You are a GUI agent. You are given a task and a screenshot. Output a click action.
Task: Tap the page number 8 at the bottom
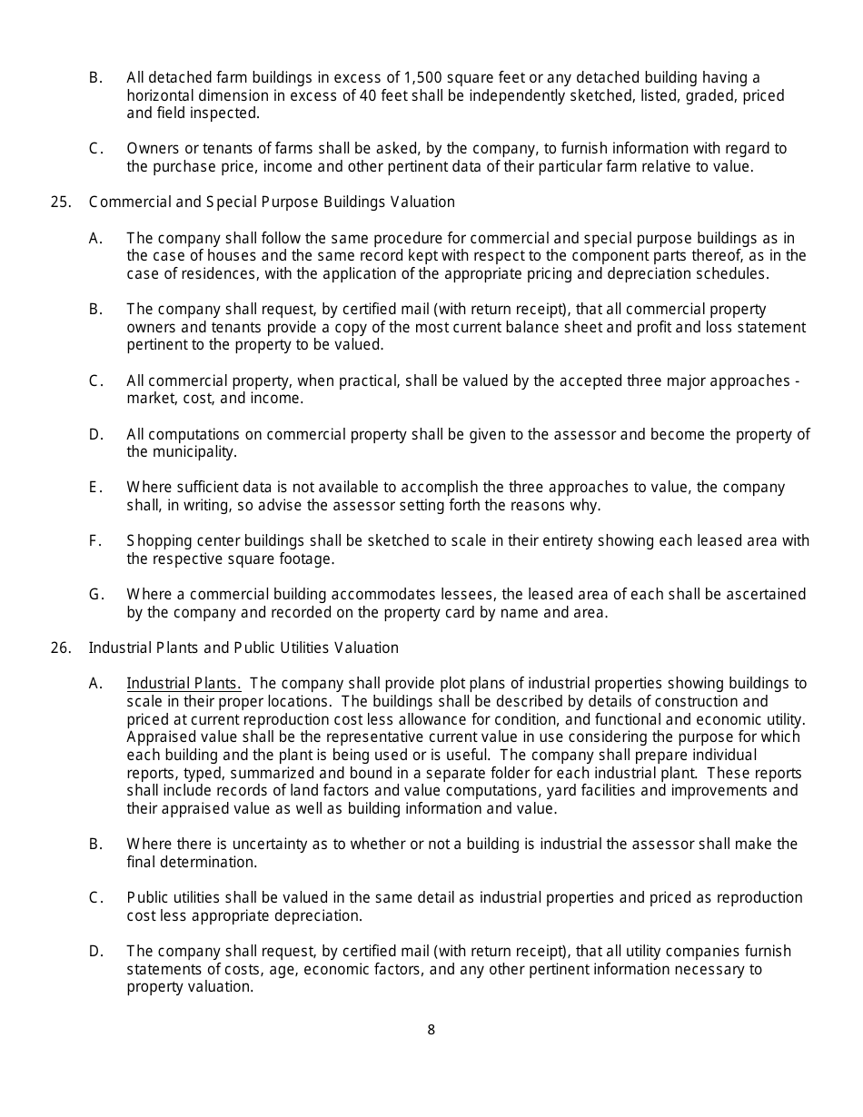click(x=431, y=1030)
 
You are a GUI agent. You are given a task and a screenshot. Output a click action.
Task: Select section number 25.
click(x=61, y=202)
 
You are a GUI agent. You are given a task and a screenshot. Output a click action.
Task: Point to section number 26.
click(x=61, y=647)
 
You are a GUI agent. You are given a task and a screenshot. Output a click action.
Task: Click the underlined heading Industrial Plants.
click(x=184, y=684)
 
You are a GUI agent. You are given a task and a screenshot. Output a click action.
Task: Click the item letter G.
click(x=95, y=595)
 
